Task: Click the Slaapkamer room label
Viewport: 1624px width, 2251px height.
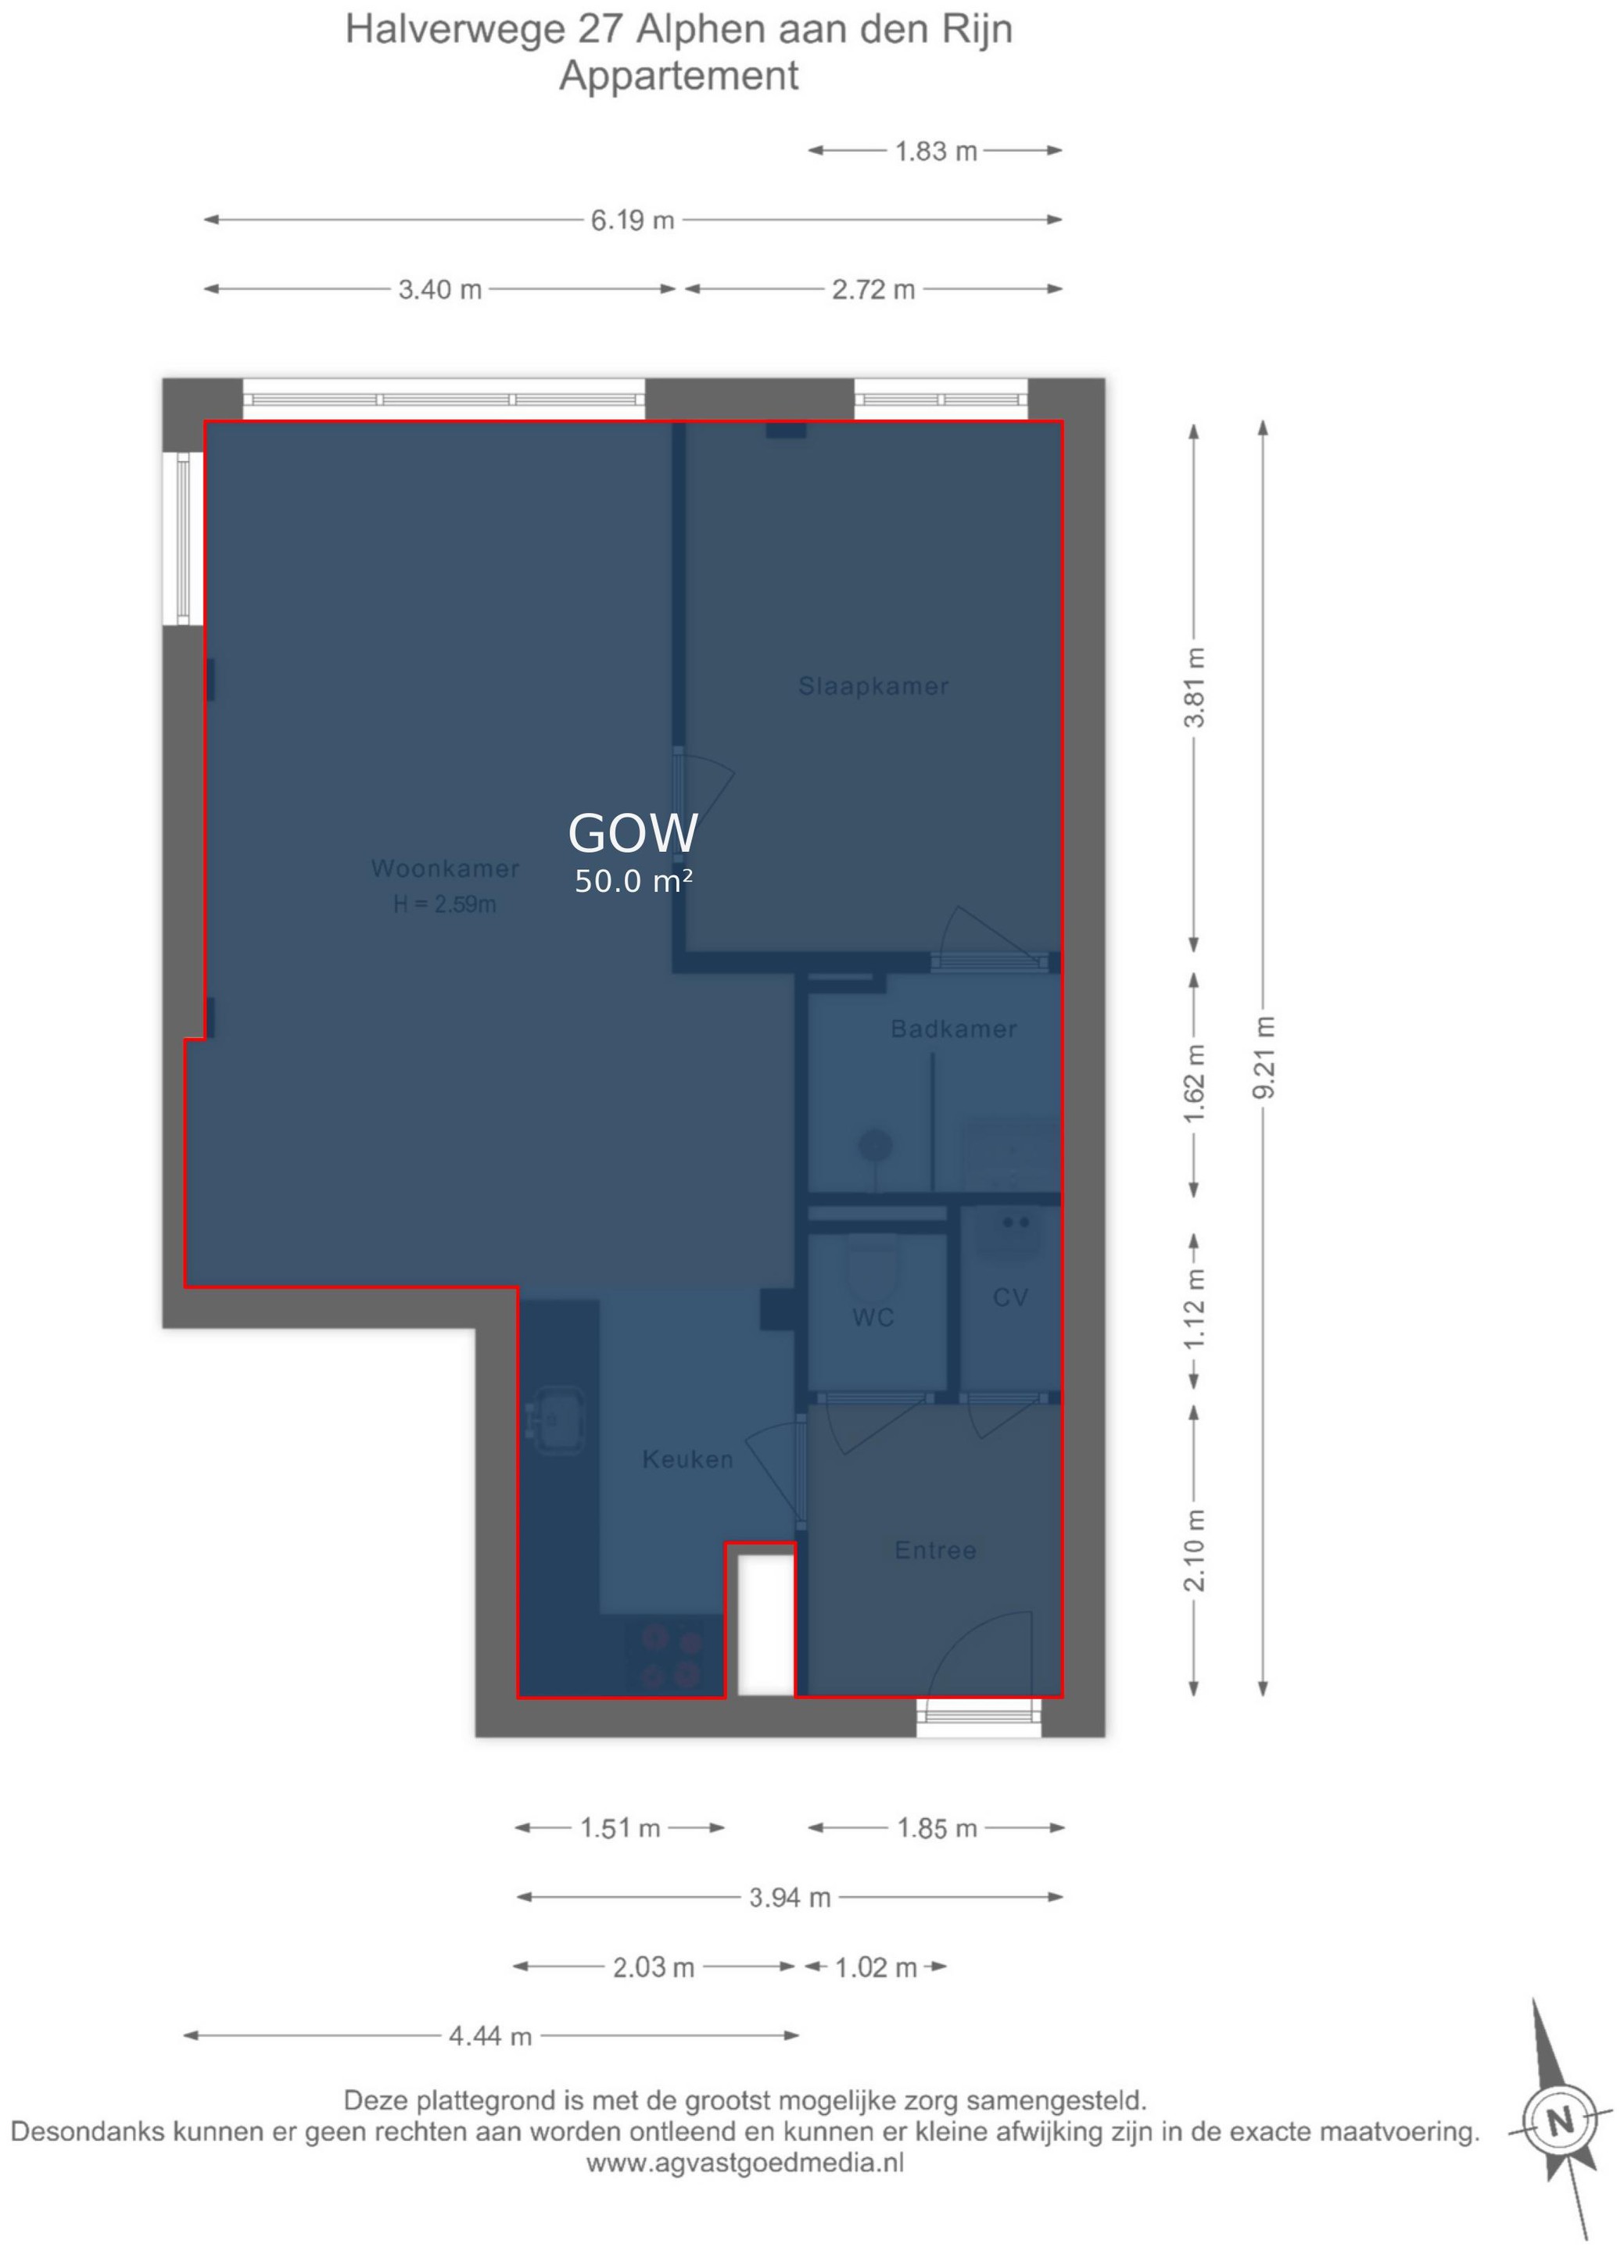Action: point(873,685)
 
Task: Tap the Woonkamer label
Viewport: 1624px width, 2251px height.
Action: point(445,868)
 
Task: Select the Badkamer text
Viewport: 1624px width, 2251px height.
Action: point(953,1029)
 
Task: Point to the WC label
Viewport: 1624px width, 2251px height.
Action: point(873,1317)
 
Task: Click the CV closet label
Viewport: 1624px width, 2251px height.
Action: point(1010,1297)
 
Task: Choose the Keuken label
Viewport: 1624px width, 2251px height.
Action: point(687,1459)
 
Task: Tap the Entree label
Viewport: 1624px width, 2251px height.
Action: point(935,1550)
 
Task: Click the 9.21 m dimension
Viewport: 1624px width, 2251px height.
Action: point(1264,1057)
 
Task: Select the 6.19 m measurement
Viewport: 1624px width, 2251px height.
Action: point(633,220)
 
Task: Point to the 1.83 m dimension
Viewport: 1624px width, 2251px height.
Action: point(936,151)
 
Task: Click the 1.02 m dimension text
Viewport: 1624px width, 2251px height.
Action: point(876,1967)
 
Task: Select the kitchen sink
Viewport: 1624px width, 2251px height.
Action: point(555,1419)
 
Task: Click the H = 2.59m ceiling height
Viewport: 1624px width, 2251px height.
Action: point(445,904)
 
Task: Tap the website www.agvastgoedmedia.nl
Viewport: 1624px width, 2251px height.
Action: point(744,2163)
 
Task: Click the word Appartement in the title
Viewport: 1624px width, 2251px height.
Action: point(679,76)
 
